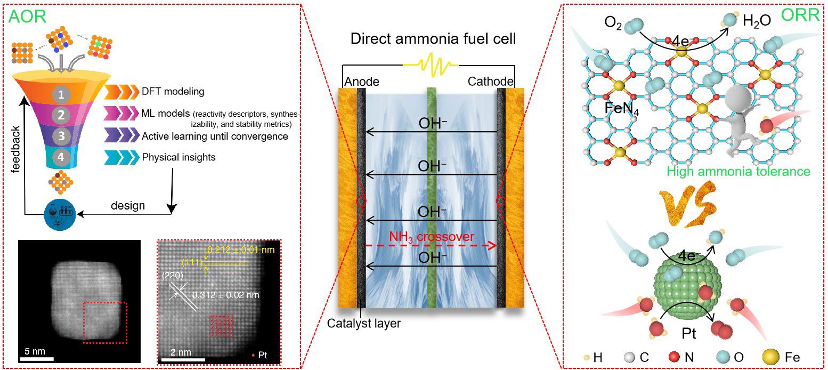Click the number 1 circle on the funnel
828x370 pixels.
(x=62, y=94)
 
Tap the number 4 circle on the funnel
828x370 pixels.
(x=62, y=157)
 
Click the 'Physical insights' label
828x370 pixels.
(x=178, y=157)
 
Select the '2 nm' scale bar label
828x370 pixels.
(x=181, y=352)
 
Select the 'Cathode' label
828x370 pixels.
(x=490, y=82)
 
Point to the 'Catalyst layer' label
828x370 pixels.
(x=363, y=323)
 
